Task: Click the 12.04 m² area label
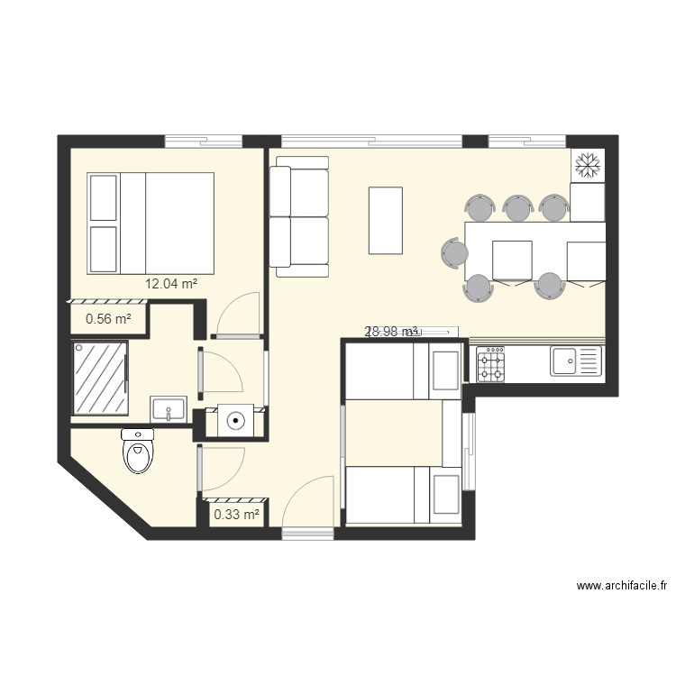(x=171, y=284)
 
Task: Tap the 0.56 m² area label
(x=108, y=318)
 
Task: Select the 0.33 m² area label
(x=236, y=515)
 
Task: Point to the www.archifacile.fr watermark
(x=622, y=587)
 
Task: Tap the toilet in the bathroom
(x=138, y=452)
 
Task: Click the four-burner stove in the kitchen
(x=490, y=363)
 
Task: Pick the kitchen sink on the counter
(x=574, y=362)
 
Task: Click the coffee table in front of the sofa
(x=386, y=220)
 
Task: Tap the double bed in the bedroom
(x=151, y=223)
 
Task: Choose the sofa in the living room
(x=300, y=215)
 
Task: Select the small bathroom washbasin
(x=169, y=409)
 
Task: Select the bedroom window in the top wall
(x=204, y=141)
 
